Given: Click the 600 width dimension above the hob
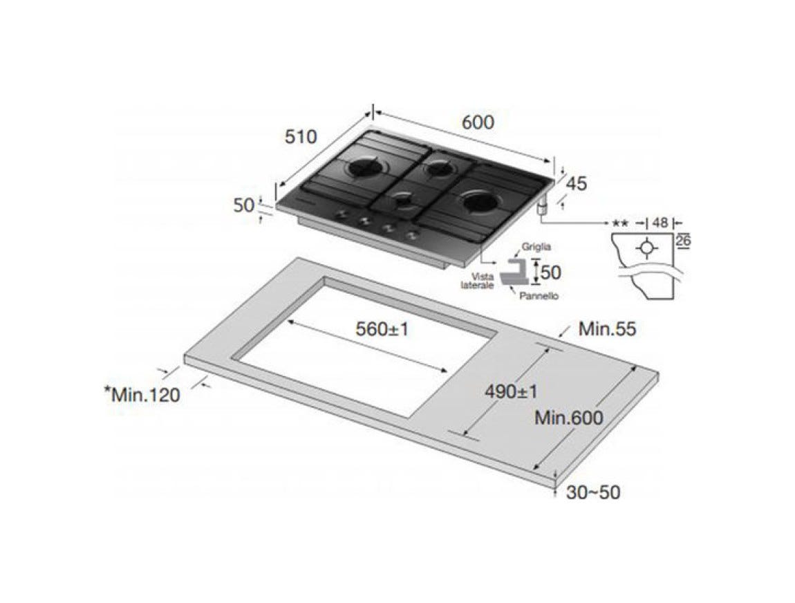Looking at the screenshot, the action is click(478, 122).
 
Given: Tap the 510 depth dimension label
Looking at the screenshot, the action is click(301, 136).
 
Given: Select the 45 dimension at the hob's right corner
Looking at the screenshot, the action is click(576, 183).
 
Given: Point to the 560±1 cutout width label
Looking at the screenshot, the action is click(382, 329).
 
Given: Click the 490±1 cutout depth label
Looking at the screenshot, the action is click(511, 391).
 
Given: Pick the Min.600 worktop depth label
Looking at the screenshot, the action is click(569, 418).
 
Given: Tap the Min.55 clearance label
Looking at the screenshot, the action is click(607, 328).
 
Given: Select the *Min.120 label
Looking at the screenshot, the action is click(142, 394).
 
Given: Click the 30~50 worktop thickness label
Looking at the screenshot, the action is click(592, 492).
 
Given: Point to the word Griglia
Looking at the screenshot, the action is click(536, 247).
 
